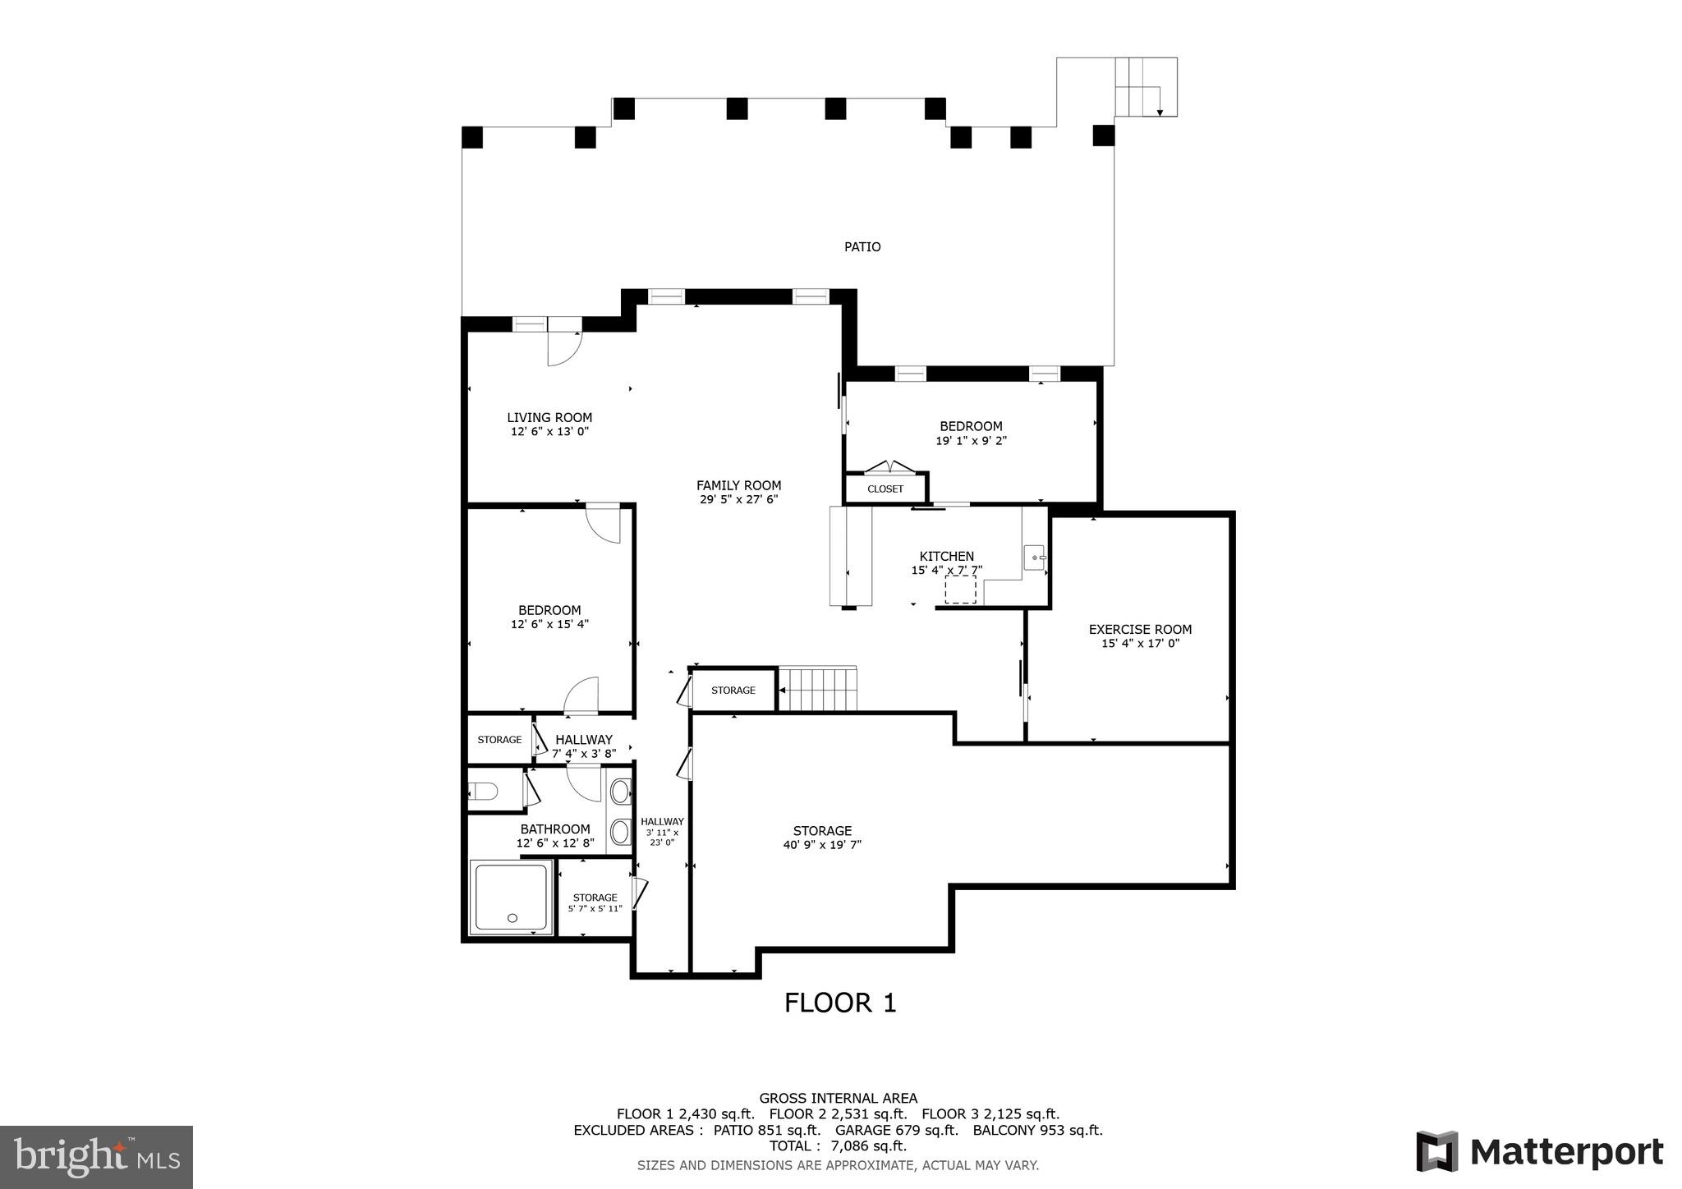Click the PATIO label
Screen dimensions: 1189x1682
tap(862, 247)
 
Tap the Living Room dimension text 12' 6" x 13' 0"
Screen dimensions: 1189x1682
tap(549, 432)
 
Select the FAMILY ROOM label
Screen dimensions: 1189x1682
tap(738, 485)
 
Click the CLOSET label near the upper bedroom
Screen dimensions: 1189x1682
tap(885, 489)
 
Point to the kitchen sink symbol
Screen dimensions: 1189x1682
tap(1036, 558)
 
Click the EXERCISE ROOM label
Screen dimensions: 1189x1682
tap(1140, 630)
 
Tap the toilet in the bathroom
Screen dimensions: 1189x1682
tap(483, 792)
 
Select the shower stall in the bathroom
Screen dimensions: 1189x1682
tap(510, 897)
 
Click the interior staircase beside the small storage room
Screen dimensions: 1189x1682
tap(817, 689)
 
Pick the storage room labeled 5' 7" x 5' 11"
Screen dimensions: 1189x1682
tap(595, 902)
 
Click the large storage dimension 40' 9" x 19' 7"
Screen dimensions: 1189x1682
tap(822, 845)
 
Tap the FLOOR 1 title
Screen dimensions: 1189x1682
tap(840, 1003)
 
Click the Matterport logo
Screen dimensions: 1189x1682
tap(1540, 1152)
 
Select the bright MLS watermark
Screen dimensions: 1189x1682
tap(96, 1157)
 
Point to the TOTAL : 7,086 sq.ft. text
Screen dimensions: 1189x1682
tap(838, 1145)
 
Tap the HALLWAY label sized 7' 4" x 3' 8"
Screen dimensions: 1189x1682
tap(583, 740)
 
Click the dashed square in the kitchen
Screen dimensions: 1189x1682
tap(960, 590)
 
